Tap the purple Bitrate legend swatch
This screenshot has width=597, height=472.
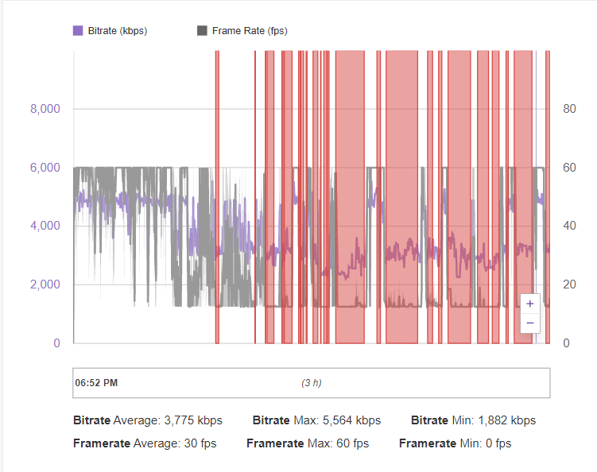pos(78,31)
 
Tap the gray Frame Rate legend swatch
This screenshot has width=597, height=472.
pos(202,31)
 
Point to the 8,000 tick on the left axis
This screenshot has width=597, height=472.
pos(45,109)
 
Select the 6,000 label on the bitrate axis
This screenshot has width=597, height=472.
pos(45,168)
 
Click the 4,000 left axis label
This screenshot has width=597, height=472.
pos(45,226)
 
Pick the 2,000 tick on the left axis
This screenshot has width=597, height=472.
pos(45,284)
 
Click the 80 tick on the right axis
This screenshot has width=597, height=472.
pos(569,109)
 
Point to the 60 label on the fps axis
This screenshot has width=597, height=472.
pos(569,168)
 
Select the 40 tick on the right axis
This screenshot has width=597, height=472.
pos(569,226)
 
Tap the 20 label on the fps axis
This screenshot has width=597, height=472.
pos(569,284)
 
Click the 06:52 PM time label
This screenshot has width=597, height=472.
pos(96,383)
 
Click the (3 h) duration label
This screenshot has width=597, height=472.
pos(312,383)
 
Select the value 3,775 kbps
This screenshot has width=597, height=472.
pos(192,420)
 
